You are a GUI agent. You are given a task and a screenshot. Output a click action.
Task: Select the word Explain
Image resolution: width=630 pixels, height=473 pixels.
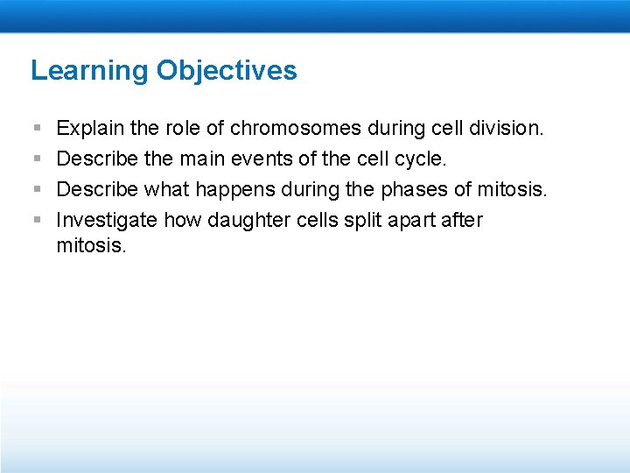point(92,129)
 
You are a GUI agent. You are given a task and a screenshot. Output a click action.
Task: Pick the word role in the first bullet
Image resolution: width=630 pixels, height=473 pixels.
point(183,129)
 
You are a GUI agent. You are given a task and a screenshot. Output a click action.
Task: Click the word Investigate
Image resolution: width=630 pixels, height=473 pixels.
point(107,220)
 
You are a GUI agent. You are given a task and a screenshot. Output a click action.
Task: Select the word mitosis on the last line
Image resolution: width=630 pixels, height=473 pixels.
point(91,246)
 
